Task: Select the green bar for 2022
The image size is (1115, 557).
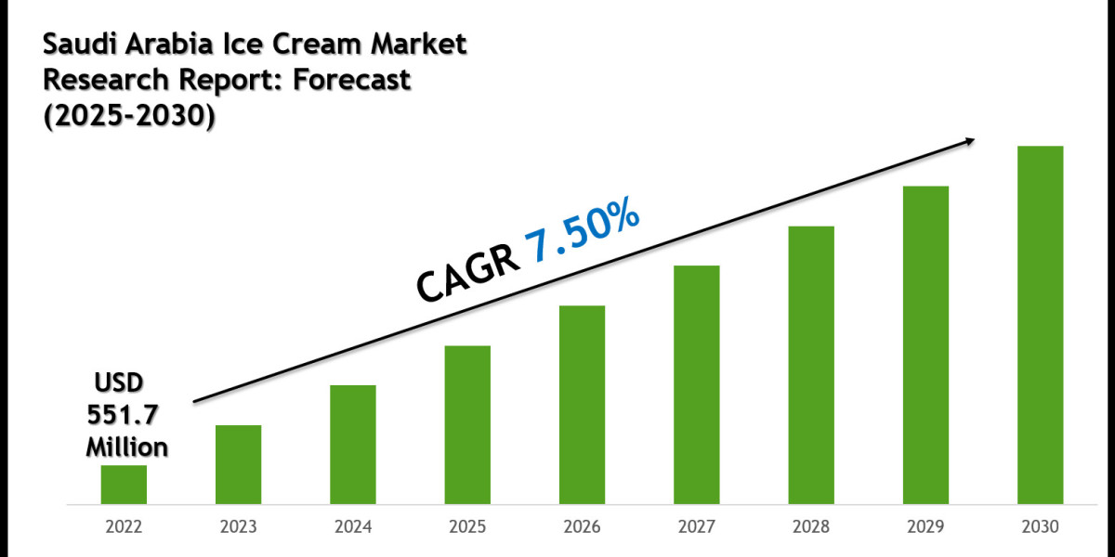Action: [124, 485]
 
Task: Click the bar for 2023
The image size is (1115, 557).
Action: [239, 464]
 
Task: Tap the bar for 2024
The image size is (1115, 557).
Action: [353, 445]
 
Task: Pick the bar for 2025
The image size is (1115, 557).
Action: [467, 424]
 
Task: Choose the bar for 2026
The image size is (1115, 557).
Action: [583, 405]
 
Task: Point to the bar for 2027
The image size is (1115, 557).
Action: [697, 384]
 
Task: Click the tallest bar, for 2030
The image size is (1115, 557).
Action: [1041, 325]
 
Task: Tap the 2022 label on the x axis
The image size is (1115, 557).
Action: [124, 526]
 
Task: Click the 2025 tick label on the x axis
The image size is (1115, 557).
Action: [467, 526]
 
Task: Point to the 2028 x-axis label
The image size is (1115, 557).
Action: [811, 526]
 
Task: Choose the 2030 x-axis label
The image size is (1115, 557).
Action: [1041, 526]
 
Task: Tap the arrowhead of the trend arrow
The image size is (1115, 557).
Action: [969, 141]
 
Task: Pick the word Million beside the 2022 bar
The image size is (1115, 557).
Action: [127, 447]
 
